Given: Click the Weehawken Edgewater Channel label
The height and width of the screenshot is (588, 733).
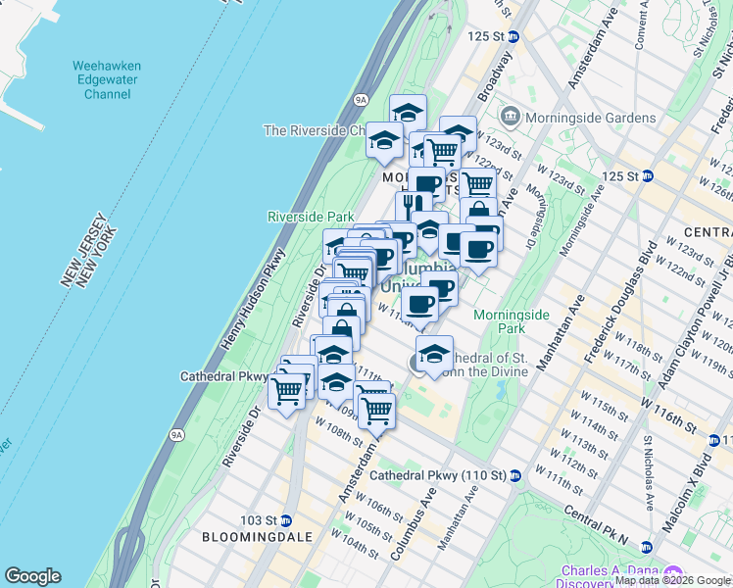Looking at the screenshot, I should tap(107, 80).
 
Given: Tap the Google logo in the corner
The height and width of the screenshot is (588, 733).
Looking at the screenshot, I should tap(32, 576).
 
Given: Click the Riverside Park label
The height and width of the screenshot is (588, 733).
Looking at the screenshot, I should tap(311, 216).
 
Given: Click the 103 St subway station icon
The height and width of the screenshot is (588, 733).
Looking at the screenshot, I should tap(287, 519).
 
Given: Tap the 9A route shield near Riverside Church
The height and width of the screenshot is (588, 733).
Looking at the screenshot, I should tap(360, 99).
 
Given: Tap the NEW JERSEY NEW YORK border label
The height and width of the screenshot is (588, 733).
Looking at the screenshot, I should tap(89, 257).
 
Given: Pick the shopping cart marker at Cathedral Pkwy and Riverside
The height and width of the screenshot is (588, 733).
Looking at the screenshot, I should tap(287, 391).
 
